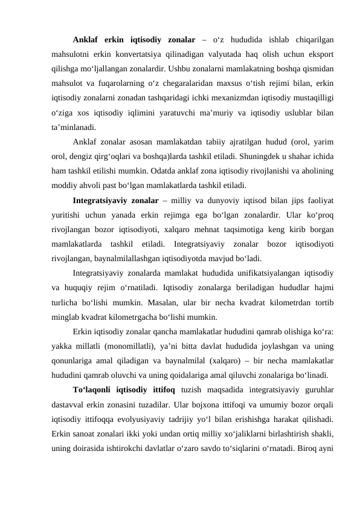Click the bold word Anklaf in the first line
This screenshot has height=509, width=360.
point(86,41)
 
